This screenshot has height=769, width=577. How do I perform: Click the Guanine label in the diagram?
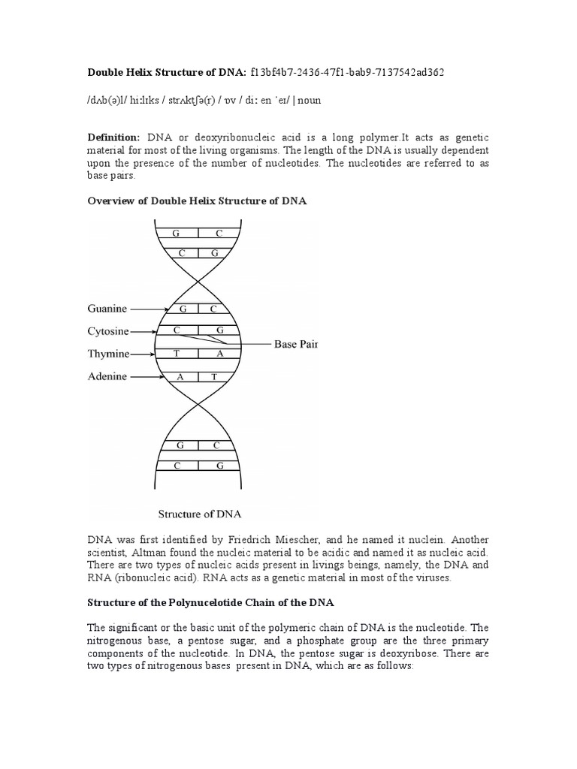pyautogui.click(x=107, y=309)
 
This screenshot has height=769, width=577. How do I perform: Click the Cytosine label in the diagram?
pyautogui.click(x=108, y=330)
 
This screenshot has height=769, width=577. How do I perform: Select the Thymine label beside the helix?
pyautogui.click(x=108, y=354)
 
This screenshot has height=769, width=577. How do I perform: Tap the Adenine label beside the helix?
pyautogui.click(x=107, y=376)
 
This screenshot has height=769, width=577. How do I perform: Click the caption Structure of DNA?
pyautogui.click(x=198, y=514)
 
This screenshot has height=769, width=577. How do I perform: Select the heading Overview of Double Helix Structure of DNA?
pyautogui.click(x=198, y=201)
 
